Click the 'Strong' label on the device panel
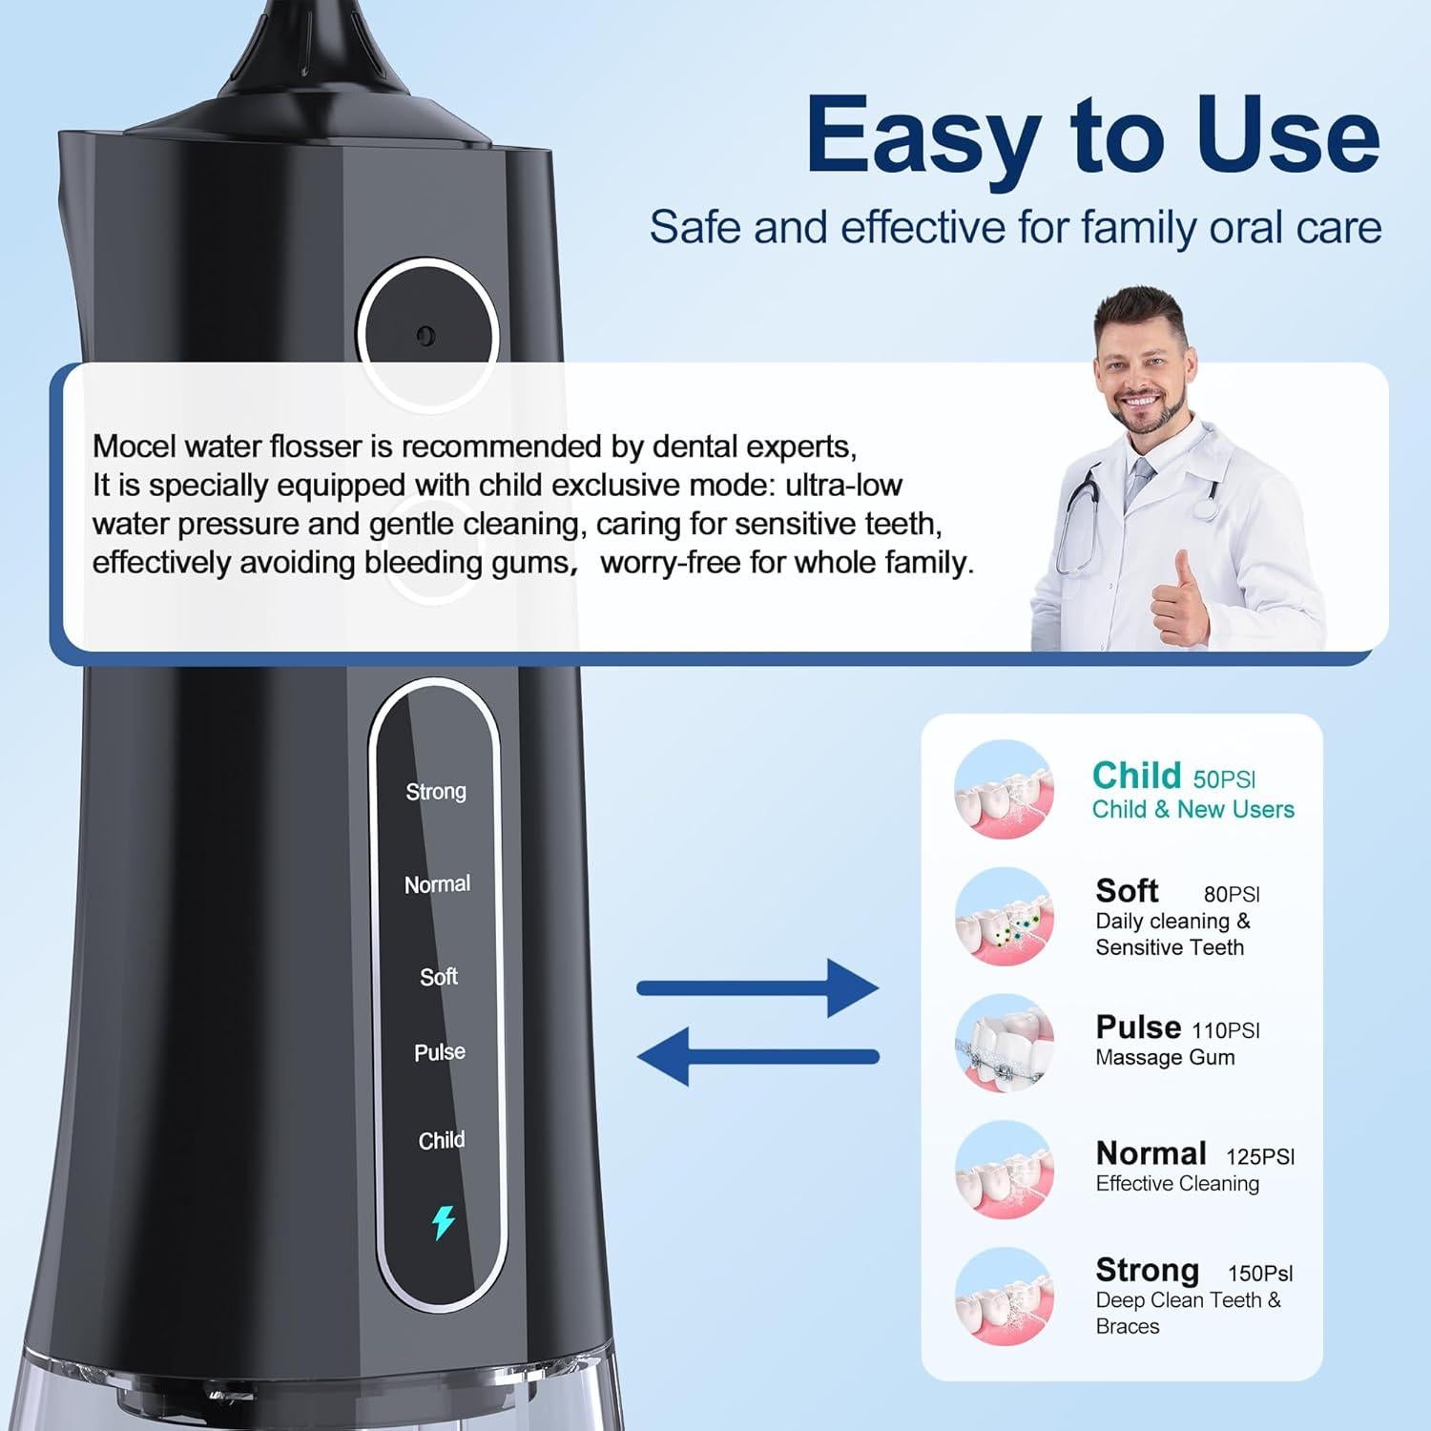pos(436,792)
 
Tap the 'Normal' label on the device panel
pos(437,884)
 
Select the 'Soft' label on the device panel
pos(439,977)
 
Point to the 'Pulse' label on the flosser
pos(440,1052)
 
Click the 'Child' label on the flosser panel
pos(442,1140)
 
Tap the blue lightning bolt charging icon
pos(444,1222)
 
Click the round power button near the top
pos(426,335)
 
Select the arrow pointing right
pos(757,988)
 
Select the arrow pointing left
pos(757,1056)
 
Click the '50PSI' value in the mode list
pos(1224,779)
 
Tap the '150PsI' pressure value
pos(1260,1274)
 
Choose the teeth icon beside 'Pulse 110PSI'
pos(1004,1045)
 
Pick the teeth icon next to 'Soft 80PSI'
pos(1004,917)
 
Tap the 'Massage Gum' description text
pos(1165,1057)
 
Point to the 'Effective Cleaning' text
pos(1177,1184)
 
